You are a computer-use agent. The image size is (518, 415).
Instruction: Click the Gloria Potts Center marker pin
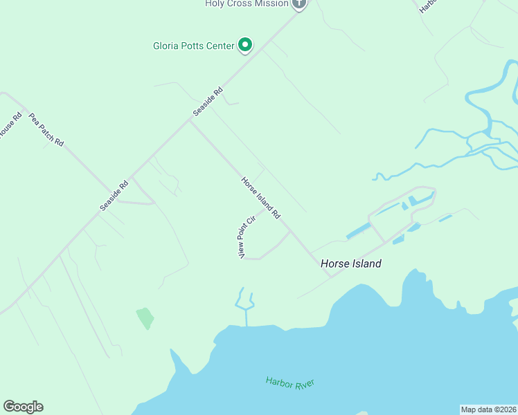244,45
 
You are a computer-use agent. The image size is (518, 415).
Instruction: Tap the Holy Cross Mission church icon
299,3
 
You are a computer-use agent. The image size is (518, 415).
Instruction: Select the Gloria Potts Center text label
193,46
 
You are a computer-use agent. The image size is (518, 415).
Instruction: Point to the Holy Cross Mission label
247,3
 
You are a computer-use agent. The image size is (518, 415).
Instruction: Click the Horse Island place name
350,264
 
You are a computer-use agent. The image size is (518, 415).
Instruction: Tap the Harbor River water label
290,382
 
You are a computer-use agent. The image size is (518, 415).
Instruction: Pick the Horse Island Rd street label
260,199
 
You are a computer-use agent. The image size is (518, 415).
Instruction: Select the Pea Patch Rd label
46,129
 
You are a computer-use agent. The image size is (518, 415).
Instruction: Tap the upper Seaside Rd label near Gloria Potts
208,101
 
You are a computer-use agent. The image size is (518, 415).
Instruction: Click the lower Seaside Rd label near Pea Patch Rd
114,196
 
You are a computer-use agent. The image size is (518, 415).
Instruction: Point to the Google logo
23,407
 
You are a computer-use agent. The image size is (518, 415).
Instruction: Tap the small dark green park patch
145,318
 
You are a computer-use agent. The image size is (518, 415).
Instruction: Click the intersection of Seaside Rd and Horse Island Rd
190,120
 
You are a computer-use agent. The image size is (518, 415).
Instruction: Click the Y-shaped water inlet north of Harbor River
245,303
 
